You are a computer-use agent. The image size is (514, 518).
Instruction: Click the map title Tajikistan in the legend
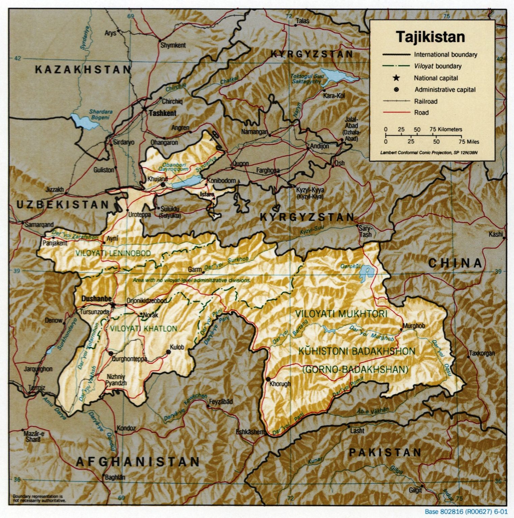(x=430, y=37)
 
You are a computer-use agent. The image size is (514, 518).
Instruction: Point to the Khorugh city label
(x=280, y=384)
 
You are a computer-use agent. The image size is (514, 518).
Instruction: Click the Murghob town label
(x=414, y=326)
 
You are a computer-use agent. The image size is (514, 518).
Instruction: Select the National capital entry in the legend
(x=436, y=78)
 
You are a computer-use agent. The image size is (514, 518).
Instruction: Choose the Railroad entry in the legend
(x=426, y=101)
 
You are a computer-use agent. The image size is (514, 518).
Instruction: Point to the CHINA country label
(x=455, y=263)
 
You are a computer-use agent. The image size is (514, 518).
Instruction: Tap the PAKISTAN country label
(x=385, y=452)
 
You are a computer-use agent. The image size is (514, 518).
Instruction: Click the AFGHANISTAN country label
(x=138, y=461)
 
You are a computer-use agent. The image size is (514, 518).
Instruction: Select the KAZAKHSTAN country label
(x=83, y=70)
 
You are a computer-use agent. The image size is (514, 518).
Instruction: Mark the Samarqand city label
(x=39, y=224)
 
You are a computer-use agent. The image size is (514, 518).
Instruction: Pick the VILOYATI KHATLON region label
(x=143, y=328)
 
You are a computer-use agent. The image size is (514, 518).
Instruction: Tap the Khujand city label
(x=157, y=179)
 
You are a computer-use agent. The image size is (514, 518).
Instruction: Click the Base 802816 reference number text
(x=466, y=512)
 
